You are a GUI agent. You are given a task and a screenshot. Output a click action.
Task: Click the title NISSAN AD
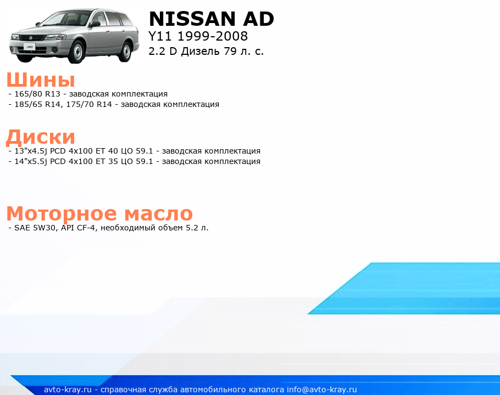pyautogui.click(x=212, y=19)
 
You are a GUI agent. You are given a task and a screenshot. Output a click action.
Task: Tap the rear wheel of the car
pyautogui.click(x=126, y=51)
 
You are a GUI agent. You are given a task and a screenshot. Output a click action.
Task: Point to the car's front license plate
pyautogui.click(x=29, y=47)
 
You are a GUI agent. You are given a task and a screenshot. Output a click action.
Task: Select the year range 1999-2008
pyautogui.click(x=213, y=36)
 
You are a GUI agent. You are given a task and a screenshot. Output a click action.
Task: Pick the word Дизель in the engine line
pyautogui.click(x=200, y=51)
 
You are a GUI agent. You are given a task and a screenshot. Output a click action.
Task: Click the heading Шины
pyautogui.click(x=41, y=79)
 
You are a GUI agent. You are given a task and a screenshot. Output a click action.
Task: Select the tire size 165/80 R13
pyautogui.click(x=37, y=94)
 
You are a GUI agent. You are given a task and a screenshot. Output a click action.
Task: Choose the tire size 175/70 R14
pyautogui.click(x=89, y=104)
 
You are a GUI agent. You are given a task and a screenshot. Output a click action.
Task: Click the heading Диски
pyautogui.click(x=41, y=137)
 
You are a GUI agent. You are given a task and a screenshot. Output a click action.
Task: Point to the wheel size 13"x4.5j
pyautogui.click(x=31, y=151)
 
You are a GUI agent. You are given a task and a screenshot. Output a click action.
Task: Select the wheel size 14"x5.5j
pyautogui.click(x=31, y=161)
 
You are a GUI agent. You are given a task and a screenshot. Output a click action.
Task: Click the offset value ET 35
pyautogui.click(x=107, y=161)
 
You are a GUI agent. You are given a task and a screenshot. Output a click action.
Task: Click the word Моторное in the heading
pyautogui.click(x=62, y=213)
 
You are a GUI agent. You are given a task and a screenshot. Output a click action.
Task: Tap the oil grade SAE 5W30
pyautogui.click(x=35, y=228)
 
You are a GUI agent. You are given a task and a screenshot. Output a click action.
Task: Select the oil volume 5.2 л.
pyautogui.click(x=197, y=228)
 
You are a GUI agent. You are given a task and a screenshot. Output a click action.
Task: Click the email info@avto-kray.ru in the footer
pyautogui.click(x=322, y=390)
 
